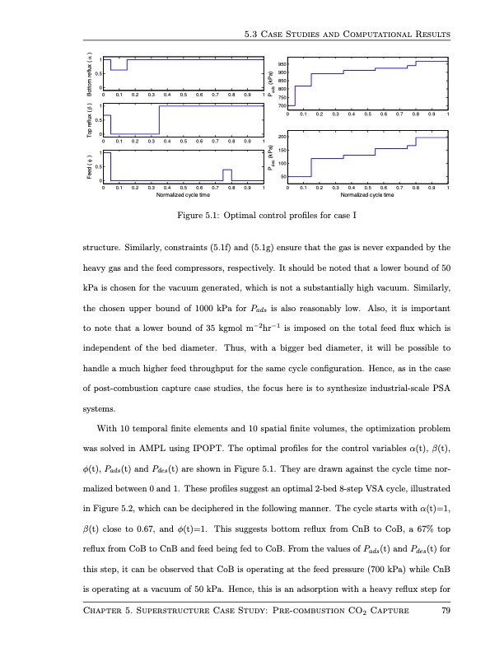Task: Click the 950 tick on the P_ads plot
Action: [282, 64]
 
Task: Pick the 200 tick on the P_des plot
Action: [282, 137]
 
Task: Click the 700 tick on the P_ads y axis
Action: [282, 105]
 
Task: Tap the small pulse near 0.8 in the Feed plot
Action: [226, 174]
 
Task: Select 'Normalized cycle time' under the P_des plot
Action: [367, 196]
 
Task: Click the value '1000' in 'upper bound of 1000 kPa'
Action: [203, 310]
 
